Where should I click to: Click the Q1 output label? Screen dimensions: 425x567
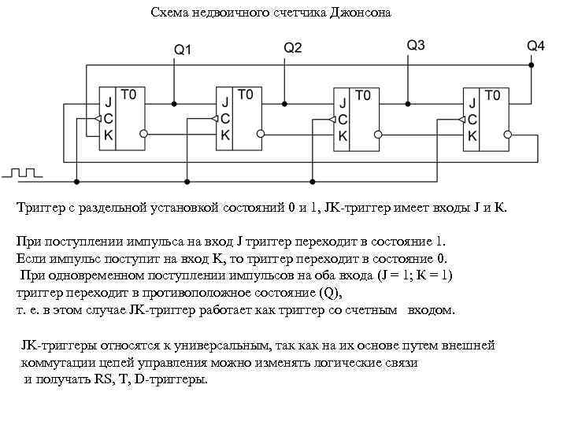(x=183, y=49)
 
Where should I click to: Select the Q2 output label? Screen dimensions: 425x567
(x=292, y=47)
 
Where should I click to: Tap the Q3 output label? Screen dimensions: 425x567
(x=416, y=45)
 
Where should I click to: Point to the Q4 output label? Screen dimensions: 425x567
(x=535, y=46)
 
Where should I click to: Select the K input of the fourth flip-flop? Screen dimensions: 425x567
(x=472, y=135)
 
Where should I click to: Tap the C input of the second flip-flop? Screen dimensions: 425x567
(x=226, y=118)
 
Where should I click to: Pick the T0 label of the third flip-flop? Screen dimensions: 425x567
(x=363, y=96)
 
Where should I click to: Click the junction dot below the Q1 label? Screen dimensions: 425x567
(x=174, y=103)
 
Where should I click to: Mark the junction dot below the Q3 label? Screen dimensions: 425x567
(x=408, y=103)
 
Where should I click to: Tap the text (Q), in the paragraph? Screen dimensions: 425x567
(x=328, y=292)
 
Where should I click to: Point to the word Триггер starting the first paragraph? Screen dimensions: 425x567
(x=40, y=209)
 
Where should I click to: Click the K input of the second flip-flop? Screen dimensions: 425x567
(x=226, y=135)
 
